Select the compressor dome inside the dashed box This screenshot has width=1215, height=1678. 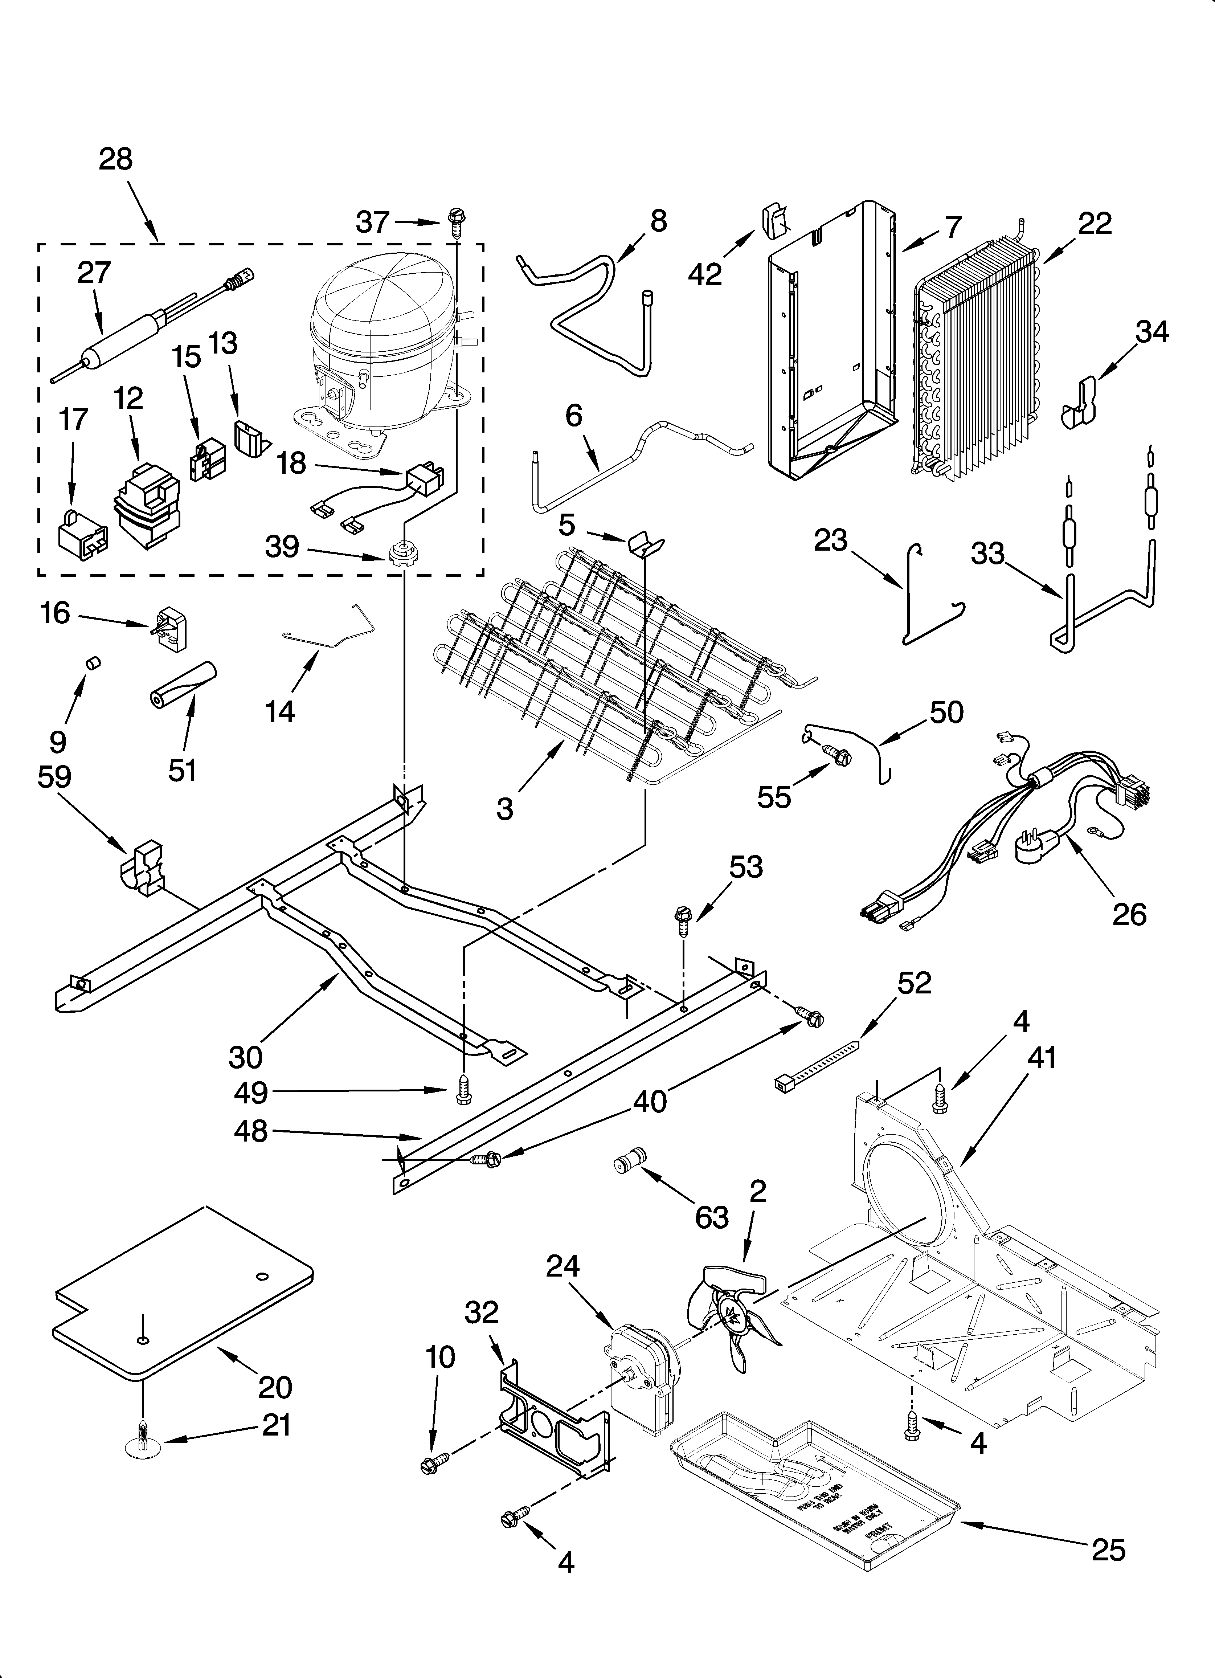[x=381, y=336]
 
